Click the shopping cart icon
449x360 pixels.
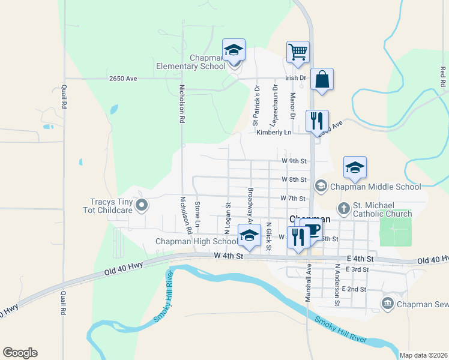click(298, 52)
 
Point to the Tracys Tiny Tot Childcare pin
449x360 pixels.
click(142, 206)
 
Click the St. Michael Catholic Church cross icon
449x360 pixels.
click(343, 209)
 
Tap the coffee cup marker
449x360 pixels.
click(312, 230)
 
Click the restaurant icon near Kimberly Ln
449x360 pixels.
click(317, 121)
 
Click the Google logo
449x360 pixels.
click(20, 353)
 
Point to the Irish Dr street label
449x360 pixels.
click(295, 78)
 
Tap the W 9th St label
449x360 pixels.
click(294, 161)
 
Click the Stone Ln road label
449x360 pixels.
click(197, 214)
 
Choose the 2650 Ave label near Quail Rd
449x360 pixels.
click(123, 79)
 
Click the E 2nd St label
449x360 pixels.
click(354, 289)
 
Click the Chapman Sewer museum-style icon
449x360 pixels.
click(387, 304)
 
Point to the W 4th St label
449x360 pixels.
click(229, 256)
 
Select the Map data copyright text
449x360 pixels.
click(423, 355)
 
